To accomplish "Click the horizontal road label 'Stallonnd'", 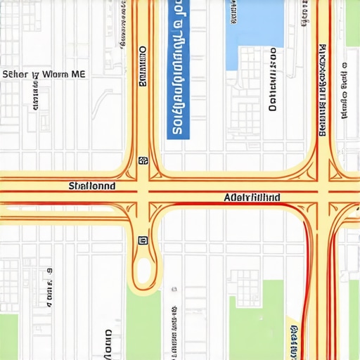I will (92, 186).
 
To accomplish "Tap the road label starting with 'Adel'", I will (252, 198).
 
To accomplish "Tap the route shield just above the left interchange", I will (143, 160).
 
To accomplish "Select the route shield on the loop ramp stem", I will (143, 240).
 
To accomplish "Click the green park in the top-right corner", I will (352, 21).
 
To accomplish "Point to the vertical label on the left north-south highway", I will (143, 67).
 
